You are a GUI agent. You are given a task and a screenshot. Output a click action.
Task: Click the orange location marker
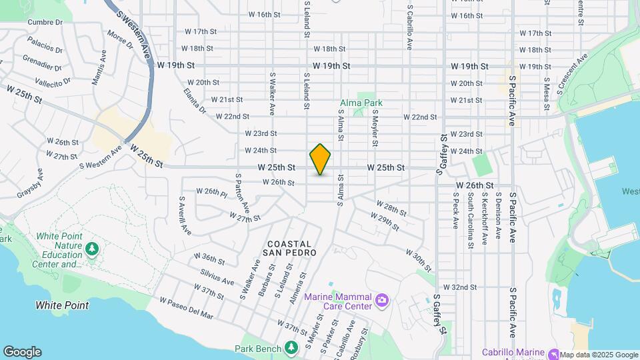point(320,159)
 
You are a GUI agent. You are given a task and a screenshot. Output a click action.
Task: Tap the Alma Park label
point(361,103)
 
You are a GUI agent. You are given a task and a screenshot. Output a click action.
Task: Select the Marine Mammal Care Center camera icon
point(381,301)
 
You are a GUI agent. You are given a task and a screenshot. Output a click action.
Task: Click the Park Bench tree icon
point(291,347)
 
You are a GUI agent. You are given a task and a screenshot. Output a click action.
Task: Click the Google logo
point(22,352)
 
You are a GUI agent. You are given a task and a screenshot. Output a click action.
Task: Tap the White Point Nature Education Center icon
point(92,249)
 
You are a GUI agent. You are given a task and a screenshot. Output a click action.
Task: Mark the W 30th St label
point(419,257)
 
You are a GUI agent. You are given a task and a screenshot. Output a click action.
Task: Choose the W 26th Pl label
point(212,192)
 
